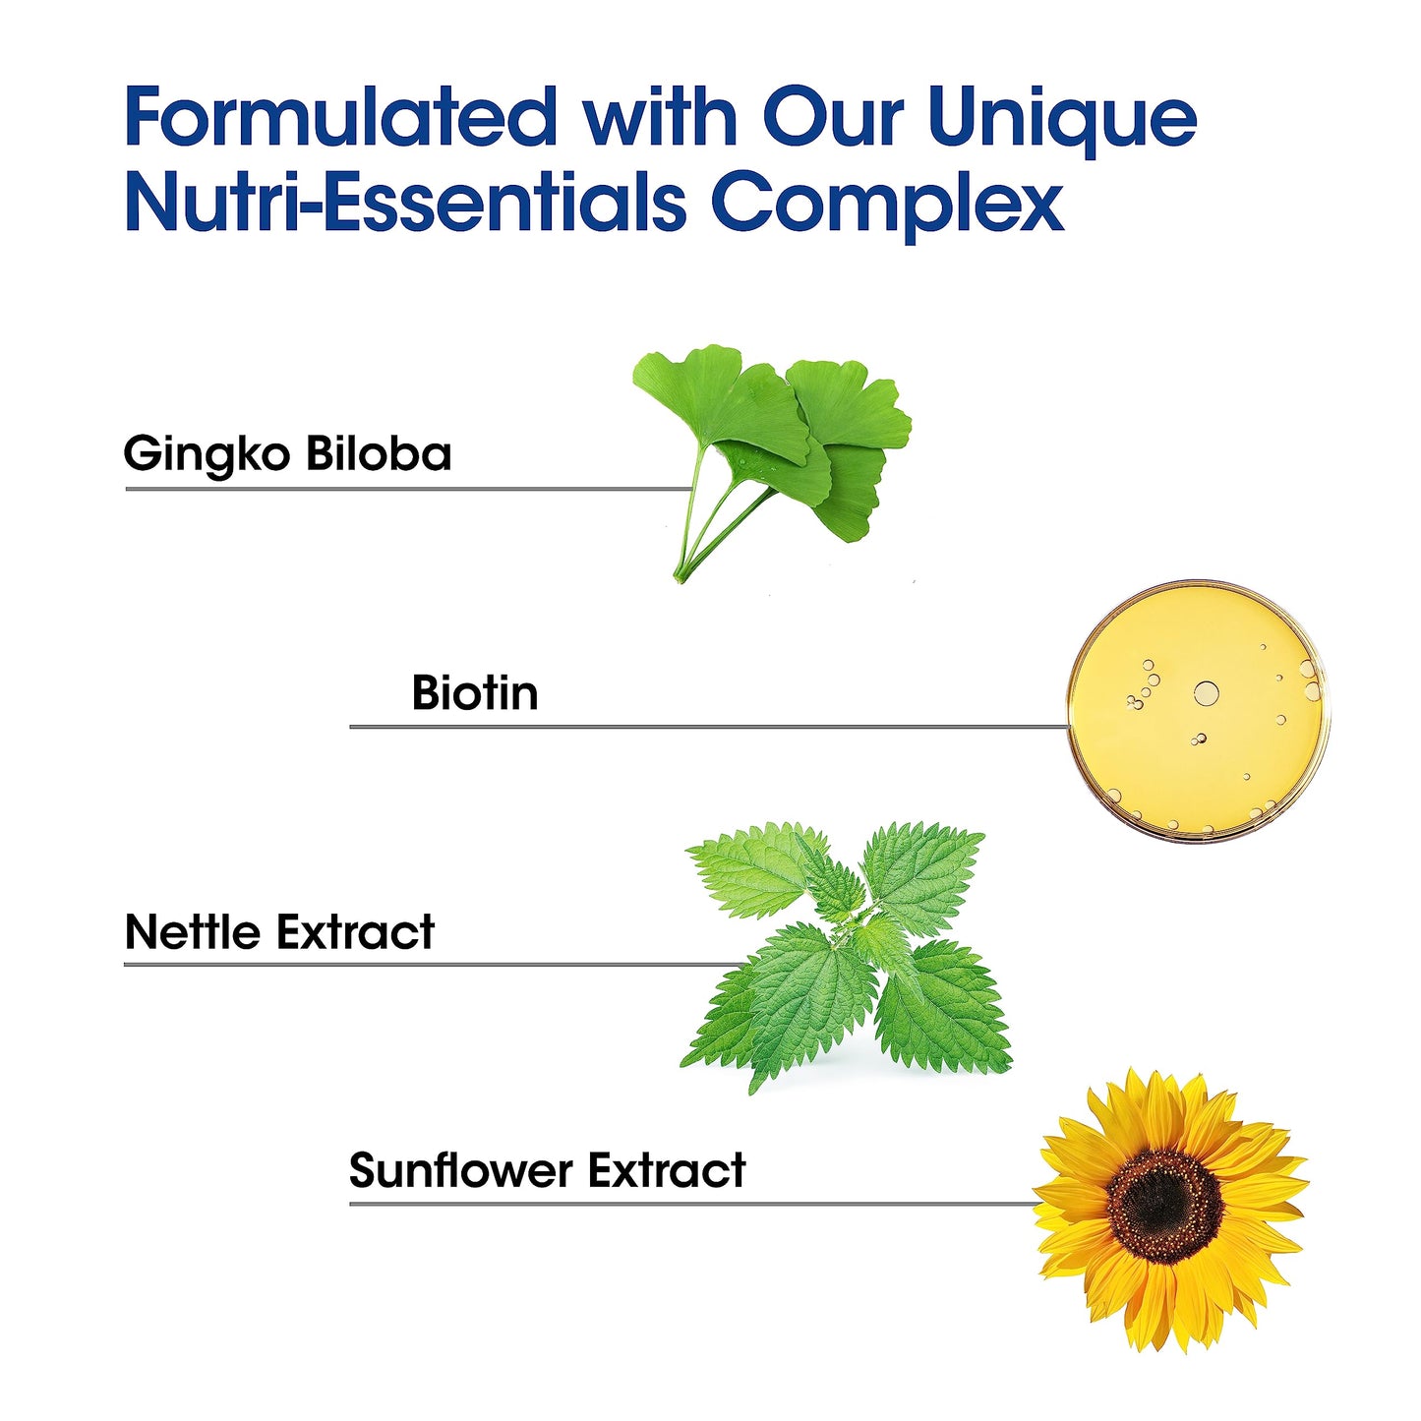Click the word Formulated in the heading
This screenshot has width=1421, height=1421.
(x=340, y=118)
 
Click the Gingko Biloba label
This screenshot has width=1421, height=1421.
(x=287, y=455)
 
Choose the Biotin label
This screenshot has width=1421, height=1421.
(x=475, y=693)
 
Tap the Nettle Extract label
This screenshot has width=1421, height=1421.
(x=279, y=932)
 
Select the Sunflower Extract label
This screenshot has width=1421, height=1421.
(x=547, y=1171)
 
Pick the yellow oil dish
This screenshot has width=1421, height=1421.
(x=1198, y=710)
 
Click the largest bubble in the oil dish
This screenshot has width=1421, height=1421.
(x=1206, y=693)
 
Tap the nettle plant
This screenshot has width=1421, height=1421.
(x=846, y=954)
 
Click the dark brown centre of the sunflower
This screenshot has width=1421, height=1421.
(x=1164, y=1205)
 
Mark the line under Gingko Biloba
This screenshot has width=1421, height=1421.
(x=393, y=488)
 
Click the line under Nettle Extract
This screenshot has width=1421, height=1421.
(x=423, y=965)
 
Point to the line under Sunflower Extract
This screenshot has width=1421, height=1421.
(x=688, y=1203)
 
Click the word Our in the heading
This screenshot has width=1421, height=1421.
(x=834, y=118)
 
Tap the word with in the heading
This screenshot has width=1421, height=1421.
(x=660, y=118)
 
